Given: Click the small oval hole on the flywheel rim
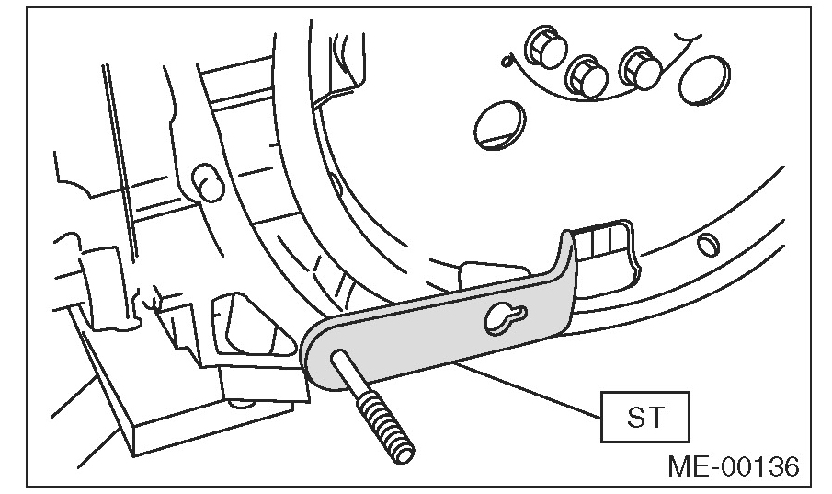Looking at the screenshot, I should [x=705, y=245].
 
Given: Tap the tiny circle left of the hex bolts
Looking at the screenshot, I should [x=505, y=63].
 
